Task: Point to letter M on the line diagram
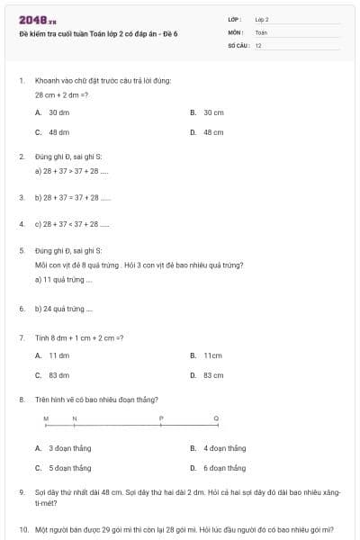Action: pos(46,418)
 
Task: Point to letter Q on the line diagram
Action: pos(216,418)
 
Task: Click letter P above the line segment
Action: pos(161,418)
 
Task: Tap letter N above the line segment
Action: pos(75,418)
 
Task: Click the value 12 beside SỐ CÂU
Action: pos(258,45)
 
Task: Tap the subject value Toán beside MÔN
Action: pos(261,32)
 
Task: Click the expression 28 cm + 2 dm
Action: pos(61,94)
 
